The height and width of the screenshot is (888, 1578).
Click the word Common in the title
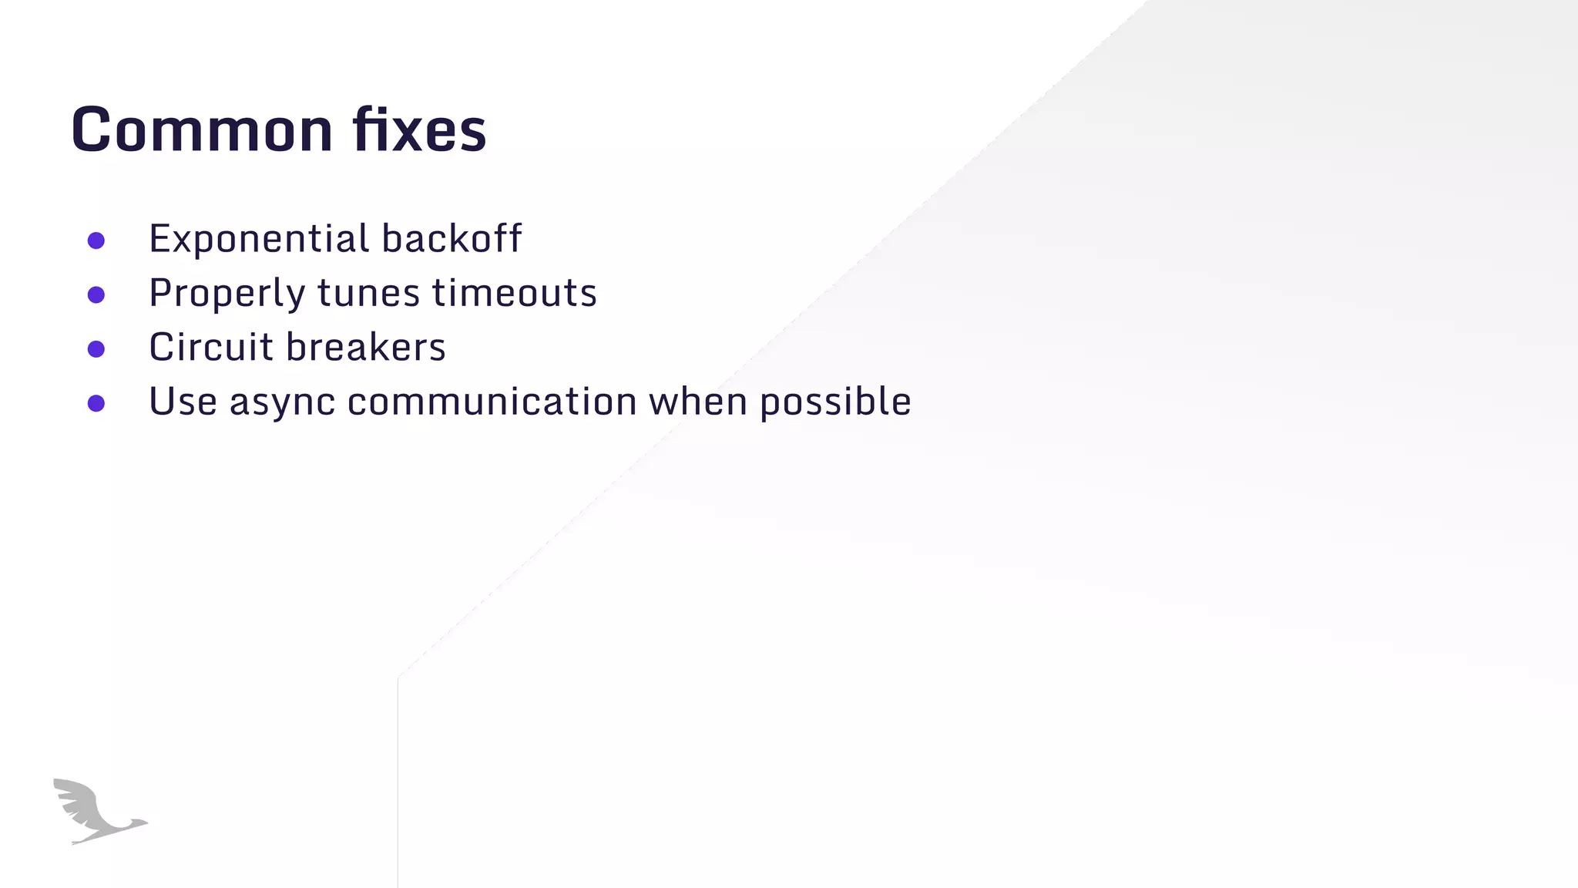(203, 129)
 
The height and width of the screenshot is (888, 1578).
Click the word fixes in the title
(420, 129)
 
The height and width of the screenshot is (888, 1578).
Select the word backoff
(452, 239)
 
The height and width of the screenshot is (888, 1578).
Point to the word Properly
(227, 294)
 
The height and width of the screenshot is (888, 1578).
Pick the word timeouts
(514, 294)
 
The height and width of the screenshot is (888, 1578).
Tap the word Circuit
(211, 348)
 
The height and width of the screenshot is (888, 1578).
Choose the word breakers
(366, 348)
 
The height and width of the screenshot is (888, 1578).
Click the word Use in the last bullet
(183, 402)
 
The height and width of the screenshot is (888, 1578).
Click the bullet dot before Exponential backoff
(96, 240)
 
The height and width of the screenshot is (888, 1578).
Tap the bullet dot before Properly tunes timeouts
(96, 294)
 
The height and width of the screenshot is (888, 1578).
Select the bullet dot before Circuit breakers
(96, 349)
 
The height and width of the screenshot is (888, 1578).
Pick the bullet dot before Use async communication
(96, 403)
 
